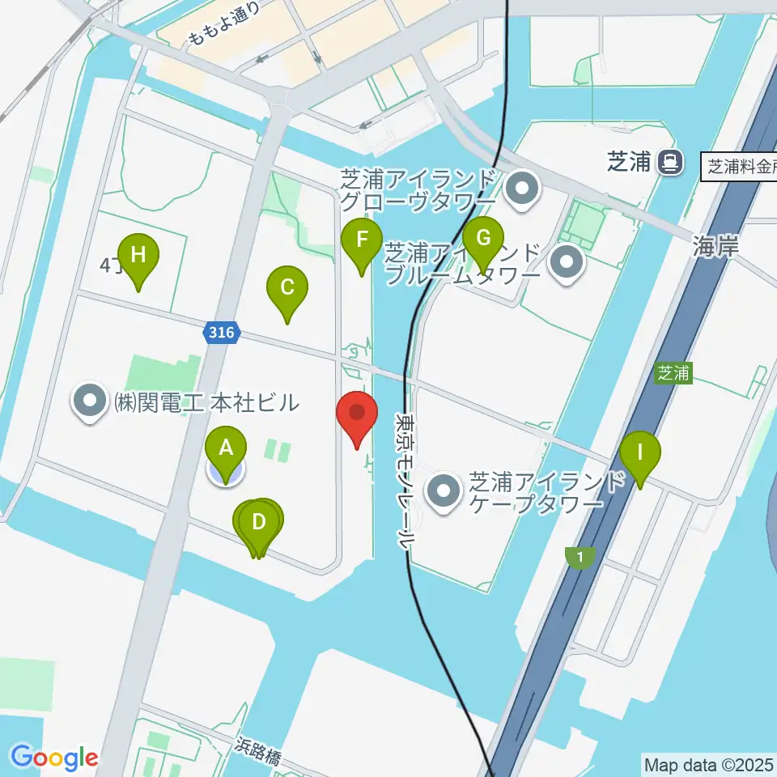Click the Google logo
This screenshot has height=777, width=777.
[53, 758]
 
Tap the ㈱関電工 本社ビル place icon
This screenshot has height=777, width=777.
[89, 401]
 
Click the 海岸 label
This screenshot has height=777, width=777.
[715, 248]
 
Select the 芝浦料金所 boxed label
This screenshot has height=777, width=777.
[741, 168]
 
